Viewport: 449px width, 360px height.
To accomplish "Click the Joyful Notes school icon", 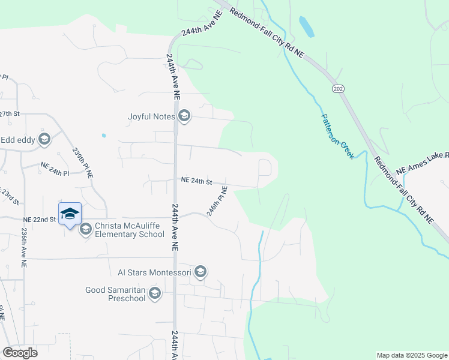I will click(184, 116).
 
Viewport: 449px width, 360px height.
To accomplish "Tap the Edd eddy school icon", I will click(44, 140).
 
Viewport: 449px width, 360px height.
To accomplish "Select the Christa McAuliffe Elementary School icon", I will click(85, 229).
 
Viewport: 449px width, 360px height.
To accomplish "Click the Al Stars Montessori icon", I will click(200, 273).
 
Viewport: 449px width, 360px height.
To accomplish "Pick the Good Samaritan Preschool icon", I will click(155, 293).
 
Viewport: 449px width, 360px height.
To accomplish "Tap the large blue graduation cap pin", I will click(70, 214).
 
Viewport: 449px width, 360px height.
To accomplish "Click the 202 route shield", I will click(338, 88).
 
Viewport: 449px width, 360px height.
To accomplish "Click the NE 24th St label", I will click(197, 180).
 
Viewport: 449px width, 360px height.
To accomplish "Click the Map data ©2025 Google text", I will click(411, 355).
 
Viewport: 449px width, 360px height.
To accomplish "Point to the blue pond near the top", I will click(306, 26).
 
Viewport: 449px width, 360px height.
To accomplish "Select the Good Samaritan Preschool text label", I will click(115, 293).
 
